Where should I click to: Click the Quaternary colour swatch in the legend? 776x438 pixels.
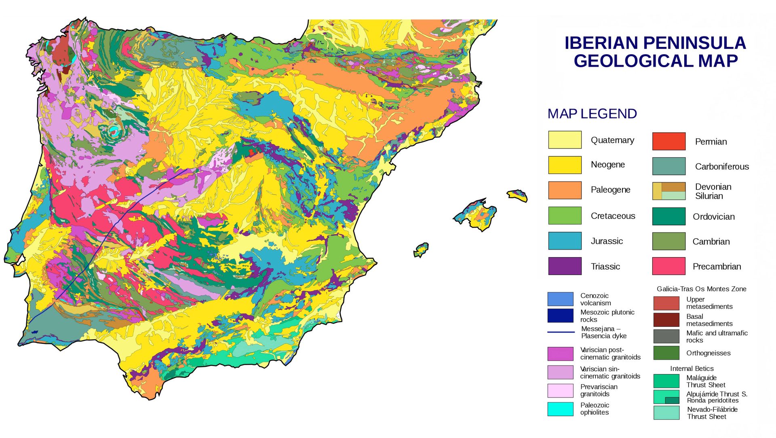[565, 140]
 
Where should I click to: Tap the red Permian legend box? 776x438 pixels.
[669, 141]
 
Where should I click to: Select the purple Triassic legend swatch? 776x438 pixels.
[565, 266]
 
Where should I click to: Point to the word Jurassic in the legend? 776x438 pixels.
[607, 241]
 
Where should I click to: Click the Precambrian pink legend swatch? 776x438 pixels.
[669, 266]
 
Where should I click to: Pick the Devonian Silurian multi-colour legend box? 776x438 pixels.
[669, 191]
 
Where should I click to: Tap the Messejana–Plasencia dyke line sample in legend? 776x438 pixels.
[561, 332]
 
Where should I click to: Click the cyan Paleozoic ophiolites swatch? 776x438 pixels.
[560, 409]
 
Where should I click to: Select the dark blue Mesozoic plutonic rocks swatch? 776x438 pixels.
[560, 315]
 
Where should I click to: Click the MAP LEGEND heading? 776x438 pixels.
[592, 114]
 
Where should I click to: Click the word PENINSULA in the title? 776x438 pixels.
[694, 43]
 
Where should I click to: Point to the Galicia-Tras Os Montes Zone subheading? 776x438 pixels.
[701, 289]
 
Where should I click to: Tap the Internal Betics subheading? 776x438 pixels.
[692, 368]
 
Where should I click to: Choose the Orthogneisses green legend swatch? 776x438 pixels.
[666, 353]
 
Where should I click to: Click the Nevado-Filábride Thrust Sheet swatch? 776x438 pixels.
[666, 413]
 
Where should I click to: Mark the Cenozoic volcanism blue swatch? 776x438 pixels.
[560, 299]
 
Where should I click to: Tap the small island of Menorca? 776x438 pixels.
[517, 195]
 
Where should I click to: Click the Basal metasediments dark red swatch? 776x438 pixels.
[666, 320]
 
